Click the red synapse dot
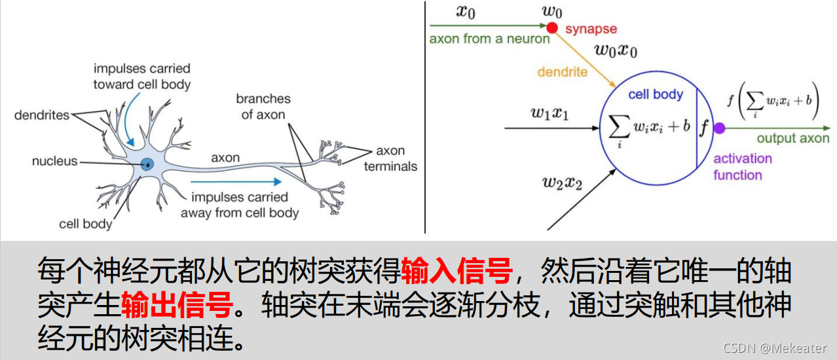click(x=552, y=27)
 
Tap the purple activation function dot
click(x=719, y=128)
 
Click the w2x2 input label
click(x=562, y=183)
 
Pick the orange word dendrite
click(x=562, y=72)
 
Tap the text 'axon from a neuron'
click(x=489, y=39)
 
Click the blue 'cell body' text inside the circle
click(x=655, y=94)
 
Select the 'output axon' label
click(x=792, y=138)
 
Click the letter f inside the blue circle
click(x=704, y=127)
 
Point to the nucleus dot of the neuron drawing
click(x=148, y=165)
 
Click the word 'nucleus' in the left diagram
click(x=55, y=161)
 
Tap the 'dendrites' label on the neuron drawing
click(x=42, y=115)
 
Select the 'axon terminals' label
click(x=390, y=158)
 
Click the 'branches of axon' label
click(x=263, y=107)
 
